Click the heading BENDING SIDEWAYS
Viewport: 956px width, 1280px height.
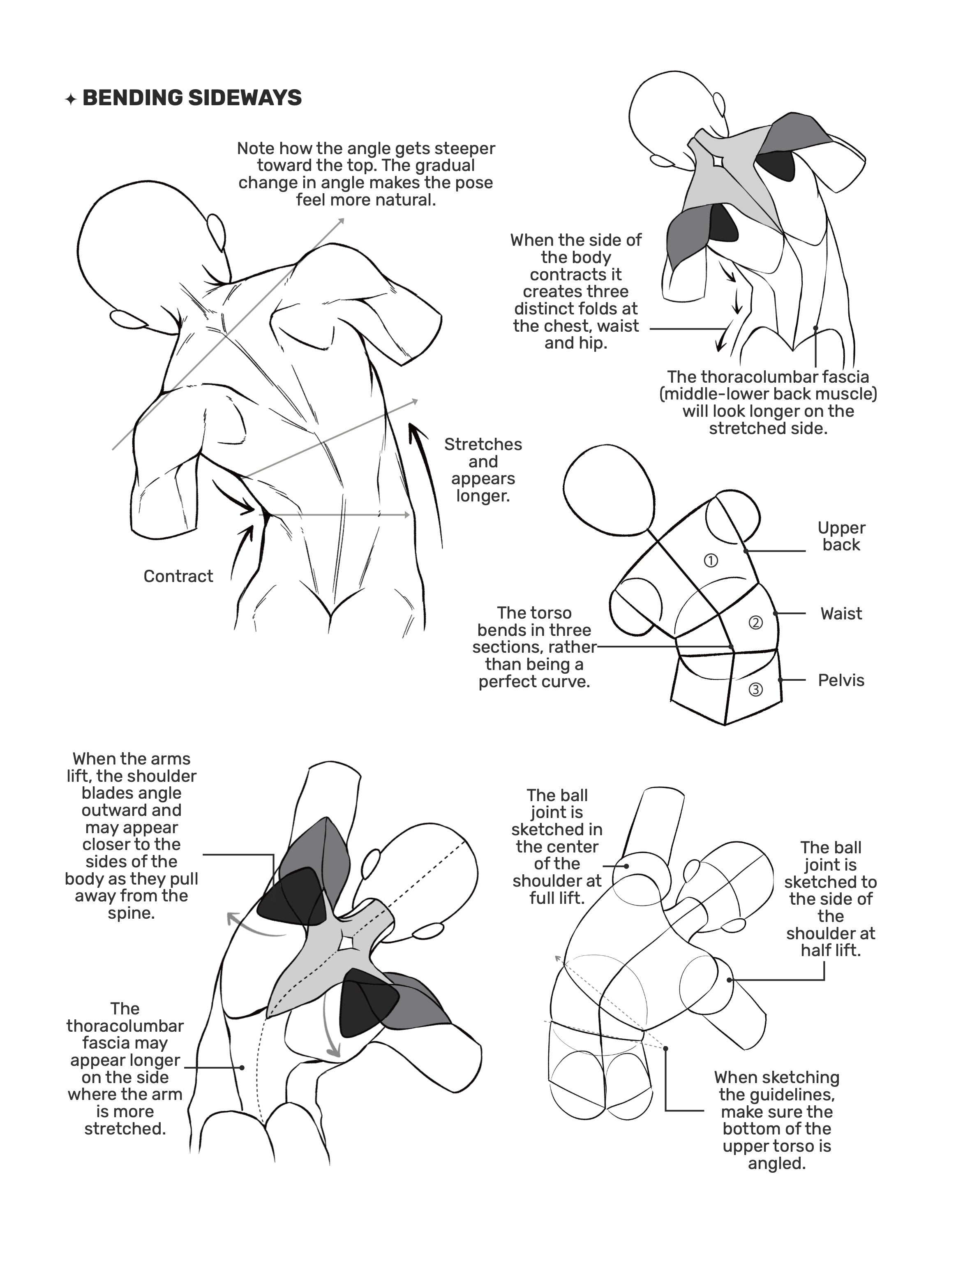point(192,98)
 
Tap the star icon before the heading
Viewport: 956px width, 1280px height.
point(71,99)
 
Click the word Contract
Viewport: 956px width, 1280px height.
point(178,576)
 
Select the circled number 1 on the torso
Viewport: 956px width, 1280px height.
point(711,560)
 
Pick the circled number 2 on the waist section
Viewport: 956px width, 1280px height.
point(756,623)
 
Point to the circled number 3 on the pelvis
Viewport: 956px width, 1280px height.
point(756,689)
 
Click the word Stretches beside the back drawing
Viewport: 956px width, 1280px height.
point(483,444)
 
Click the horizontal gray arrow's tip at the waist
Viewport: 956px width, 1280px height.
point(409,515)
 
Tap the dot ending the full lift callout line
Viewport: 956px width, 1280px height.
point(627,866)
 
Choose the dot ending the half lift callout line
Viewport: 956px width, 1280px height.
point(730,980)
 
